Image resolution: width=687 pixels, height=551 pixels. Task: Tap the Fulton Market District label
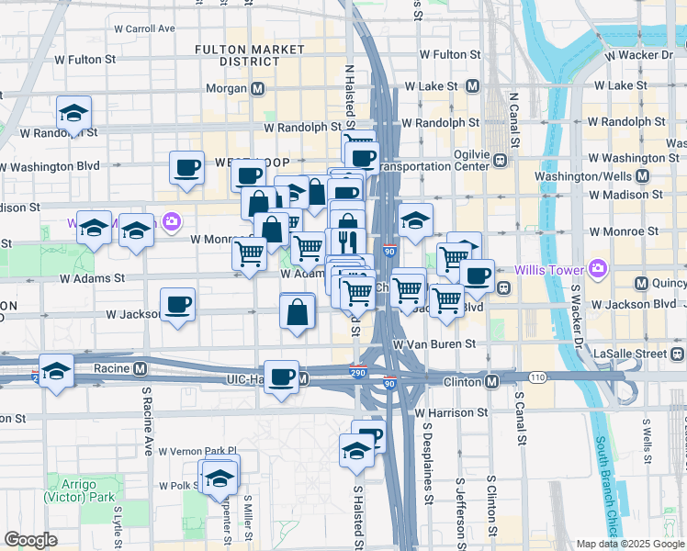click(238, 54)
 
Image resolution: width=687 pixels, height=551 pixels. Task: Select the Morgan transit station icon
click(258, 89)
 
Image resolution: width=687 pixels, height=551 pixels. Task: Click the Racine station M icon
click(141, 368)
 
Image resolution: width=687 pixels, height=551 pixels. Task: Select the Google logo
click(30, 540)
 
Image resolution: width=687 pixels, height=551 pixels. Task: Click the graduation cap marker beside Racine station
click(57, 371)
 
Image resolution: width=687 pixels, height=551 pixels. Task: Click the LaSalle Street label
click(639, 353)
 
